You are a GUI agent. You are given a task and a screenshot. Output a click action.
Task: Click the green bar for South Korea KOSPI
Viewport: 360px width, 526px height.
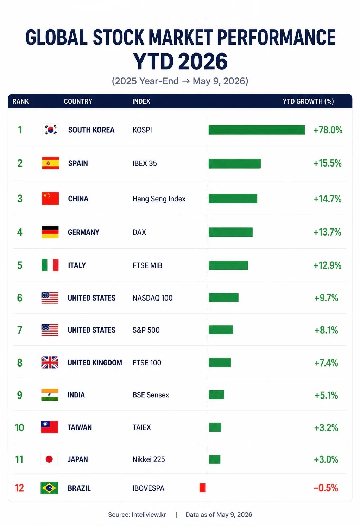pos(257,130)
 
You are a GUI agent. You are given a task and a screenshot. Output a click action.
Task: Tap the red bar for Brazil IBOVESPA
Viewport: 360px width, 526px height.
pos(202,488)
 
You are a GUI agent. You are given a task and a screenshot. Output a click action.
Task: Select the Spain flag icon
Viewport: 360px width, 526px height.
pos(50,163)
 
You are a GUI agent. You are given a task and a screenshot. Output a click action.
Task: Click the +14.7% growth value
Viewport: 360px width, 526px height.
pos(327,199)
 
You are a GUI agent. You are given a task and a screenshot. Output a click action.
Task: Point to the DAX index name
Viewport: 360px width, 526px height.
pos(139,232)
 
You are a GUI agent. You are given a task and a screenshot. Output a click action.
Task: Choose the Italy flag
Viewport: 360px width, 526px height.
pos(50,265)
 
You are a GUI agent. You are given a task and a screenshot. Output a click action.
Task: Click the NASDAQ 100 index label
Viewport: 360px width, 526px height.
pos(152,298)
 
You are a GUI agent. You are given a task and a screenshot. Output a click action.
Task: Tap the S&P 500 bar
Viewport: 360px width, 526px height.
pos(221,330)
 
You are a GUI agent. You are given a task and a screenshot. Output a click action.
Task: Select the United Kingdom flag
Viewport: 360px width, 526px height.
pos(50,362)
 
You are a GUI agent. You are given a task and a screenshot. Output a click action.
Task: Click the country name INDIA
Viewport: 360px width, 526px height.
pos(76,395)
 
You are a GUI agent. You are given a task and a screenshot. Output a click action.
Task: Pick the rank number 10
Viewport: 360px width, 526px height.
pos(19,427)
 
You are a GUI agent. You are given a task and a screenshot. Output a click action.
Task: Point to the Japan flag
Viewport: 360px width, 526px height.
pos(49,459)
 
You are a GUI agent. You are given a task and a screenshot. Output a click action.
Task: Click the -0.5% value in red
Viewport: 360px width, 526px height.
pos(326,488)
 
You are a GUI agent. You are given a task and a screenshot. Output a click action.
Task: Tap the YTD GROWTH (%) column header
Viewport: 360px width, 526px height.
pos(308,101)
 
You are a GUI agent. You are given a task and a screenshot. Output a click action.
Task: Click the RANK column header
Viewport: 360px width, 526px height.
pos(21,101)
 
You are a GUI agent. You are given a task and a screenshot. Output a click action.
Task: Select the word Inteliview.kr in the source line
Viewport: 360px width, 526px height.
pos(149,515)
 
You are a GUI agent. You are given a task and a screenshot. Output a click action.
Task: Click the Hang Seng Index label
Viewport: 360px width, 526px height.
pos(159,199)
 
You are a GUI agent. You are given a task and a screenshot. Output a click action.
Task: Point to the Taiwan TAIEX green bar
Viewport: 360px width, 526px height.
pos(215,427)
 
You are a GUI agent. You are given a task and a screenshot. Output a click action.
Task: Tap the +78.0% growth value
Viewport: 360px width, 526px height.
pos(328,130)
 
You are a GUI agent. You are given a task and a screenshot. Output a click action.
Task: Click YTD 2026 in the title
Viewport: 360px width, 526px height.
pos(180,61)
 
